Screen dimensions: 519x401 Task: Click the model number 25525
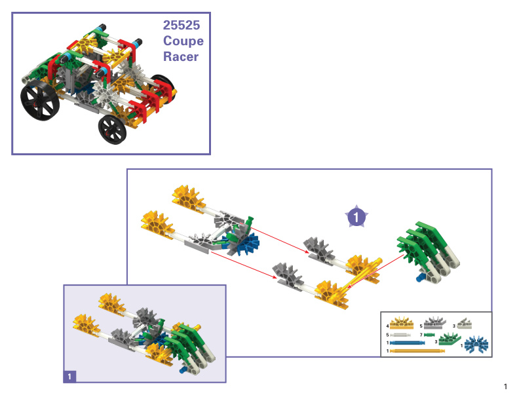[182, 25]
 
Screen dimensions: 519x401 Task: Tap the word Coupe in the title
[183, 41]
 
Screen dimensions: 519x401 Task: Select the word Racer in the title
[181, 56]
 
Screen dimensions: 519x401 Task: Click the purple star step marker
[356, 217]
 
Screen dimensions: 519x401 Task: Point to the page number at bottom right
[505, 387]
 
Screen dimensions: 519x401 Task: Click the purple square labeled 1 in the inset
[69, 377]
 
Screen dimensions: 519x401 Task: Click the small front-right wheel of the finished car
[113, 129]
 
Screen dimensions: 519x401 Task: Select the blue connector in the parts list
[476, 345]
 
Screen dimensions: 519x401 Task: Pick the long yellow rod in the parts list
[417, 351]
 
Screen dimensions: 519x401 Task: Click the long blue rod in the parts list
[408, 343]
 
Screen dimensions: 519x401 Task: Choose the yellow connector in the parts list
[402, 323]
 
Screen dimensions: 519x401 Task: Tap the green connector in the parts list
[449, 339]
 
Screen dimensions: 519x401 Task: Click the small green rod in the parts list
[429, 335]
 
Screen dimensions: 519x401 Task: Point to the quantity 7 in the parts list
[421, 335]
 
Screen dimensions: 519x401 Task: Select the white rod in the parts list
[400, 335]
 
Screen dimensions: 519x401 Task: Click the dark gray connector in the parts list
[435, 323]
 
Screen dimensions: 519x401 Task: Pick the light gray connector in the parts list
[465, 324]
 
